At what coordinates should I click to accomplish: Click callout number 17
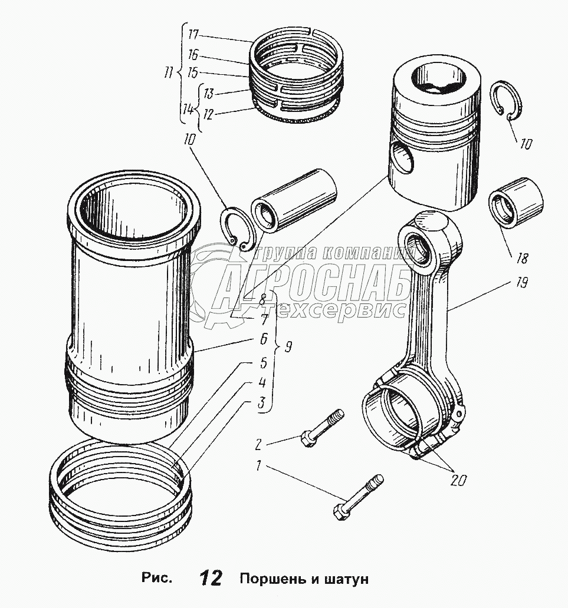tap(193, 35)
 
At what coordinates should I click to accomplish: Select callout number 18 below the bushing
tap(522, 258)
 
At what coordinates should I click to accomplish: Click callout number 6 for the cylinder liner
tap(263, 339)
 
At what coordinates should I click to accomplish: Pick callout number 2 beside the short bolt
tap(258, 444)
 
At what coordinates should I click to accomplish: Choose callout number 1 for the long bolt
tap(258, 465)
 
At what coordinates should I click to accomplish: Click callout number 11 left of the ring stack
tap(168, 73)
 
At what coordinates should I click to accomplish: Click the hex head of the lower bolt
tap(340, 513)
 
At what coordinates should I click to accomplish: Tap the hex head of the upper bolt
tap(308, 440)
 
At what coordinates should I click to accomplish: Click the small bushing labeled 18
tap(516, 202)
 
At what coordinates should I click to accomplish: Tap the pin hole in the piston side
tap(403, 157)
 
